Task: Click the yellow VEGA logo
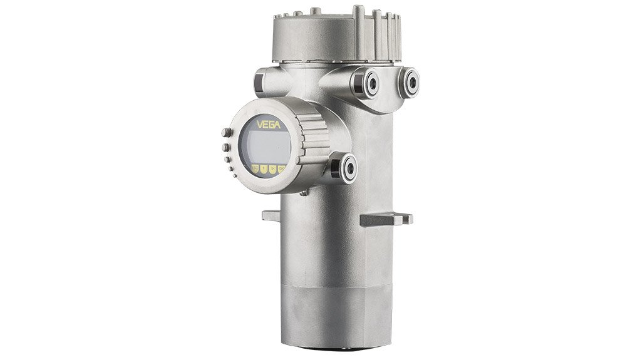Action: [265, 125]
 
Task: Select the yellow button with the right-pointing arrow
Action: [272, 170]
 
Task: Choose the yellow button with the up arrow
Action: [264, 170]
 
